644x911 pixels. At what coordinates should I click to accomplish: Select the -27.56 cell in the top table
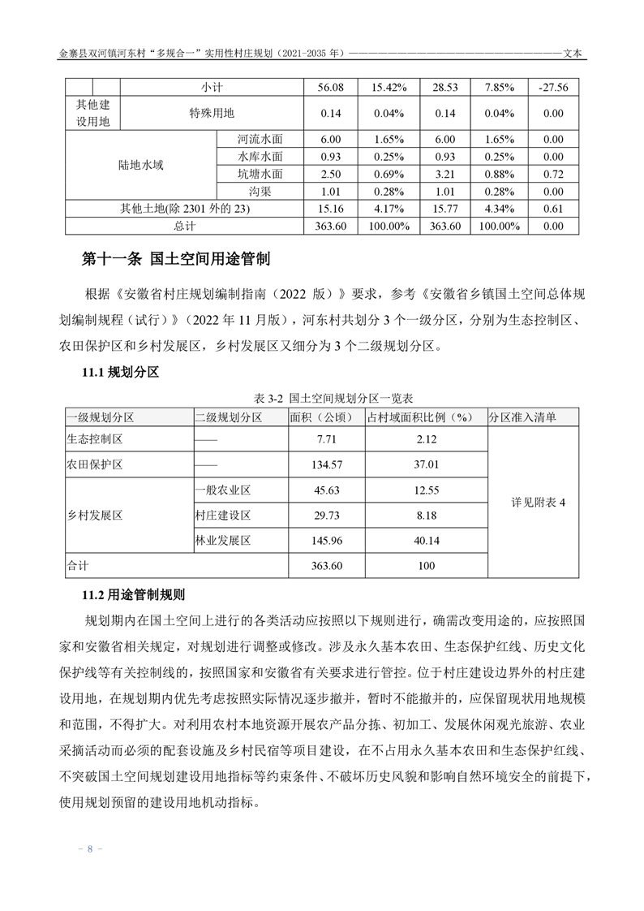(x=552, y=86)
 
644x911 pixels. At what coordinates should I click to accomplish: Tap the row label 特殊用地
(x=212, y=113)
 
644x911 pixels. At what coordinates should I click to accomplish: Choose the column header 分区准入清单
(x=522, y=417)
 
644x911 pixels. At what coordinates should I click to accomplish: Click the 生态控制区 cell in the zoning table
(x=94, y=439)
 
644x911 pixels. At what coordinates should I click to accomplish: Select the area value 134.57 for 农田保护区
(x=327, y=464)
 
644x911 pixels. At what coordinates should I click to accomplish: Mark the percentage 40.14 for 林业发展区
(x=426, y=540)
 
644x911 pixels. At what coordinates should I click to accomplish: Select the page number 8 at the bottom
(x=91, y=849)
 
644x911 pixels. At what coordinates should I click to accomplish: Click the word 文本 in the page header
(x=577, y=54)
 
